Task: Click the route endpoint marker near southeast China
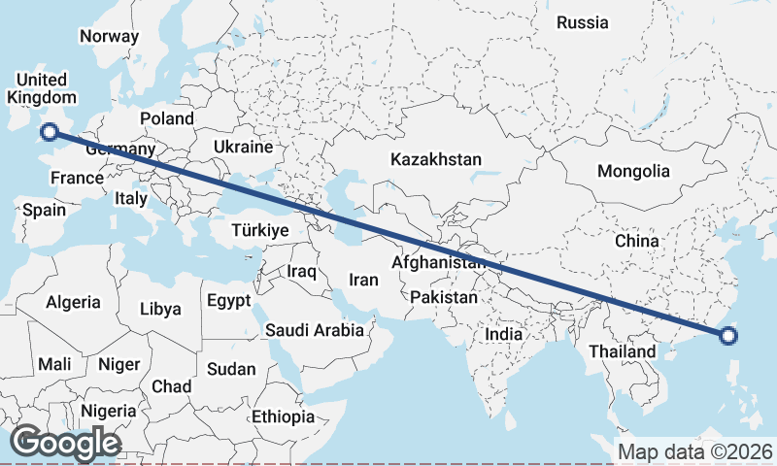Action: [728, 337]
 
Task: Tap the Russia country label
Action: [583, 21]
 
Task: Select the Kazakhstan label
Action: [436, 159]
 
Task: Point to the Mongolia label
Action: [633, 171]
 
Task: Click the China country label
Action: [637, 240]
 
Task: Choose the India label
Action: [504, 334]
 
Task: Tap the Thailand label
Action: [622, 350]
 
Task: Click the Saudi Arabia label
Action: [316, 330]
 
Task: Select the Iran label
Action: [363, 280]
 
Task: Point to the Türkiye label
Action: [259, 230]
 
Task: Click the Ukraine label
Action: [243, 148]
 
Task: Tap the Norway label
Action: [110, 36]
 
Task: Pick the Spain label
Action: [44, 210]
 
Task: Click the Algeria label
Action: [73, 302]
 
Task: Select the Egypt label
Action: [229, 300]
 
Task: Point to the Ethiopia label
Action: [283, 416]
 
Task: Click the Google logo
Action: [65, 443]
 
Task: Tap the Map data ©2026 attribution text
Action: [695, 451]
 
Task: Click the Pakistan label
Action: [444, 297]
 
